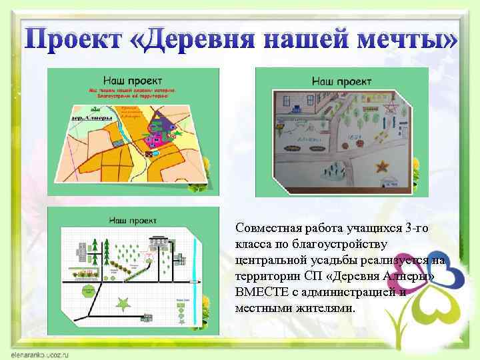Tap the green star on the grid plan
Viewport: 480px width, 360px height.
pos(123,304)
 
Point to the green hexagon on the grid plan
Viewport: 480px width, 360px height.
pos(86,291)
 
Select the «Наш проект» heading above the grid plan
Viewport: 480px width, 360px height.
pos(133,219)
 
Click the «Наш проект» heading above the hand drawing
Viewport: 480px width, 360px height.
pos(342,81)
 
